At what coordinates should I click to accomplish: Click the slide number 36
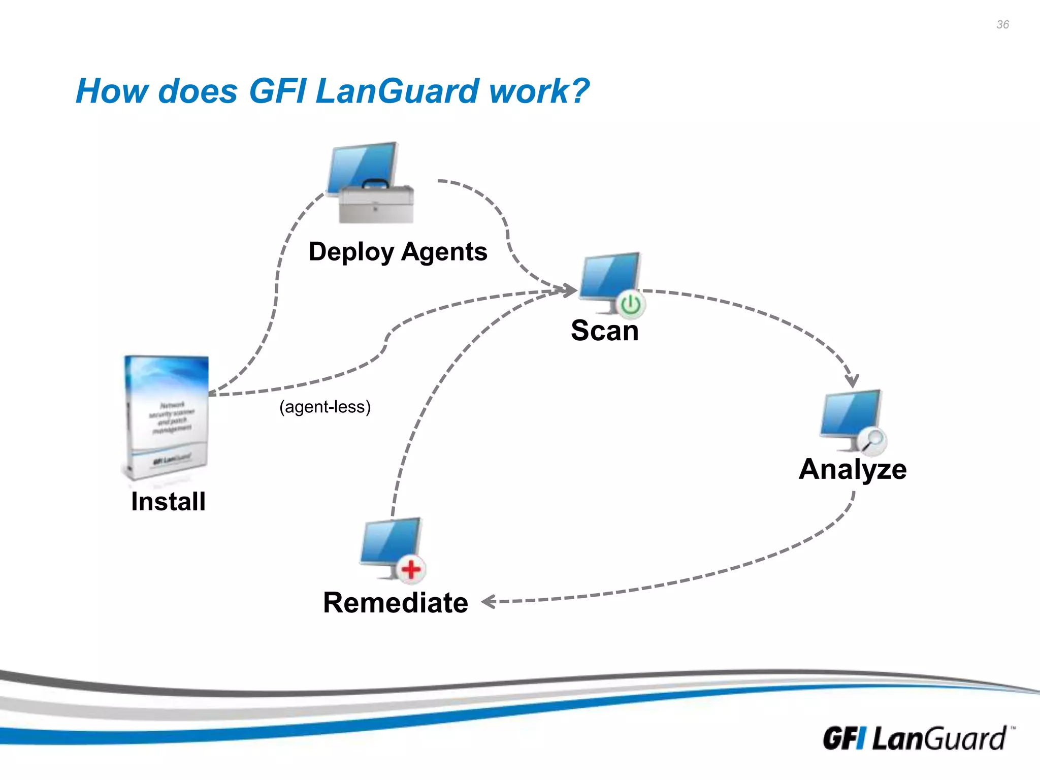[x=1002, y=24]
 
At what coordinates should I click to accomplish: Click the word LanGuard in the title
[x=397, y=91]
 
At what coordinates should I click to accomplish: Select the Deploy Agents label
[x=398, y=252]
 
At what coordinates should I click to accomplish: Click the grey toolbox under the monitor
[x=376, y=205]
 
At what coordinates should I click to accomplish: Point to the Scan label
[x=604, y=331]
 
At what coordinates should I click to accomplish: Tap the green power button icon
[x=631, y=305]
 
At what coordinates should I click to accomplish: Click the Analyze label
[x=853, y=469]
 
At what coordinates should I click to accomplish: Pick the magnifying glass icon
[x=873, y=440]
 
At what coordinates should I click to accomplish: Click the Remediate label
[x=396, y=603]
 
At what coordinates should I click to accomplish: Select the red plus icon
[x=411, y=569]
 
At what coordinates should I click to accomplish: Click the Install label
[x=168, y=502]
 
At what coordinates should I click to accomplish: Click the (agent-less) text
[x=325, y=407]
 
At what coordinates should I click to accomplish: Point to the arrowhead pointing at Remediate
[x=488, y=602]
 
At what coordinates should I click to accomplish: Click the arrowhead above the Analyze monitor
[x=852, y=381]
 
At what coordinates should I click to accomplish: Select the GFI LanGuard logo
[x=914, y=738]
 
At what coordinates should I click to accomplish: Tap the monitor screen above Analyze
[x=851, y=412]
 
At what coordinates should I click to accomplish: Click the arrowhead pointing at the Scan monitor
[x=571, y=290]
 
